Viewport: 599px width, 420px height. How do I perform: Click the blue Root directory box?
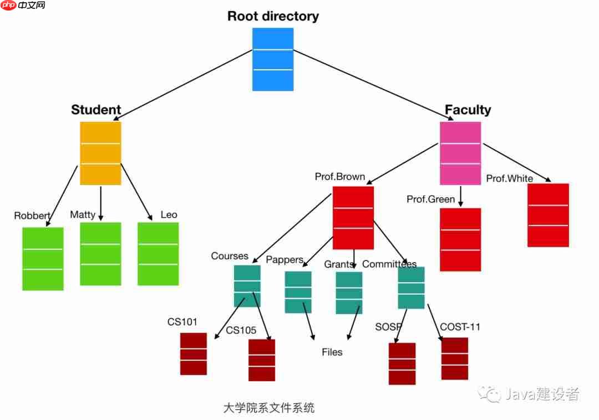(x=273, y=59)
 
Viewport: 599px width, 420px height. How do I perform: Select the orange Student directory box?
(x=100, y=153)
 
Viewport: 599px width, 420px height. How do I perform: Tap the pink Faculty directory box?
(x=460, y=153)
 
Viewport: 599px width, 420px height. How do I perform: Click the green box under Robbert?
(x=43, y=259)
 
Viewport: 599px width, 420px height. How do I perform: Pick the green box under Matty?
(x=100, y=254)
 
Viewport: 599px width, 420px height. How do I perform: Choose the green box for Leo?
(x=158, y=254)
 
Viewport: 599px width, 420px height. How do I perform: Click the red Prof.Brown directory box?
(x=353, y=218)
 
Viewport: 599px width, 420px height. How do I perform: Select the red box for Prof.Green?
(x=460, y=239)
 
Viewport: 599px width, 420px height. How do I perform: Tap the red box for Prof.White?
(x=548, y=215)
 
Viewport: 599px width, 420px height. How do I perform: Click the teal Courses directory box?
(x=247, y=286)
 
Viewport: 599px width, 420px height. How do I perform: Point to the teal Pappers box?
(x=298, y=292)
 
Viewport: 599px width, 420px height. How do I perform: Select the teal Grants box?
(x=349, y=293)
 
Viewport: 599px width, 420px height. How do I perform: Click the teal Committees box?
(x=411, y=288)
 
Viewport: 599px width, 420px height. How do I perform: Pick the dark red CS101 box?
(x=193, y=354)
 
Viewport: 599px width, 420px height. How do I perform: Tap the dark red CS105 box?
(x=262, y=360)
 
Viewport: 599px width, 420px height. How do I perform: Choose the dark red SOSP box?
(x=402, y=363)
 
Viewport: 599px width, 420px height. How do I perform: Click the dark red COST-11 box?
(x=455, y=358)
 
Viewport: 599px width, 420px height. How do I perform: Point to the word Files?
(x=332, y=352)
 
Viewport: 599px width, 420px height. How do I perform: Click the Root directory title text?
(x=273, y=16)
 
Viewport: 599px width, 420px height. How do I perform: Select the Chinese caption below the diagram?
(x=268, y=408)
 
